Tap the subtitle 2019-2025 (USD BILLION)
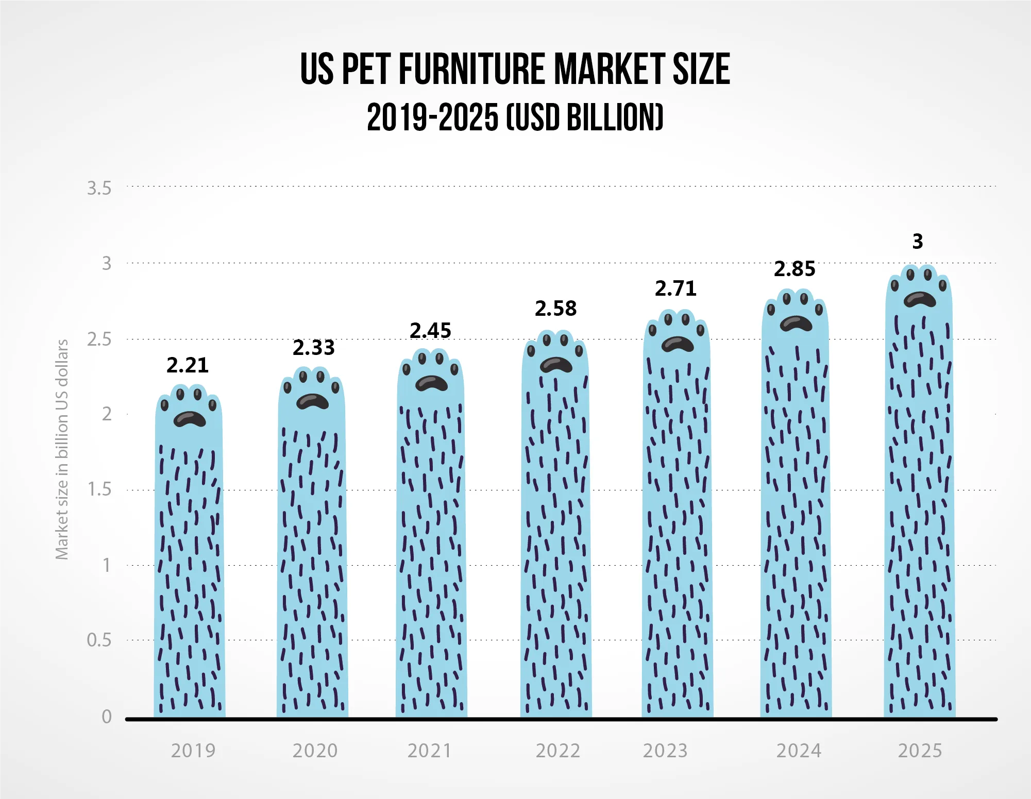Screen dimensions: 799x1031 pyautogui.click(x=515, y=117)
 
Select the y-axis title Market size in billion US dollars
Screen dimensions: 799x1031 pyautogui.click(x=62, y=449)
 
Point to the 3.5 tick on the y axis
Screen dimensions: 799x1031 pyautogui.click(x=99, y=189)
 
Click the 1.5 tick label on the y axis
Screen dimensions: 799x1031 pyautogui.click(x=99, y=489)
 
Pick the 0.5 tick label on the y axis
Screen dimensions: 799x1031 pyautogui.click(x=99, y=640)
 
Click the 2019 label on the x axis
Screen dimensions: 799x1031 pyautogui.click(x=193, y=751)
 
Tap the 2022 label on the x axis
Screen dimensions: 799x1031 pyautogui.click(x=558, y=751)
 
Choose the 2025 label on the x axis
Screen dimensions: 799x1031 pyautogui.click(x=920, y=751)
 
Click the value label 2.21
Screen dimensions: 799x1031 pyautogui.click(x=188, y=365)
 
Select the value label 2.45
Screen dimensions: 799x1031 pyautogui.click(x=430, y=331)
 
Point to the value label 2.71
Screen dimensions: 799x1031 pyautogui.click(x=675, y=288)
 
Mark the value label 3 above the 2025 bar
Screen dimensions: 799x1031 pyautogui.click(x=918, y=241)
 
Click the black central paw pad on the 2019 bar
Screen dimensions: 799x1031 pyautogui.click(x=190, y=419)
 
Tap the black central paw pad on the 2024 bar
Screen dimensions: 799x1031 pyautogui.click(x=796, y=324)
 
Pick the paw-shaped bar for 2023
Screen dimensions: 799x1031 pyautogui.click(x=677, y=515)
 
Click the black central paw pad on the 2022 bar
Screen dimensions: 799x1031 pyautogui.click(x=556, y=365)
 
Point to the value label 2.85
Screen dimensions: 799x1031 pyautogui.click(x=795, y=269)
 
